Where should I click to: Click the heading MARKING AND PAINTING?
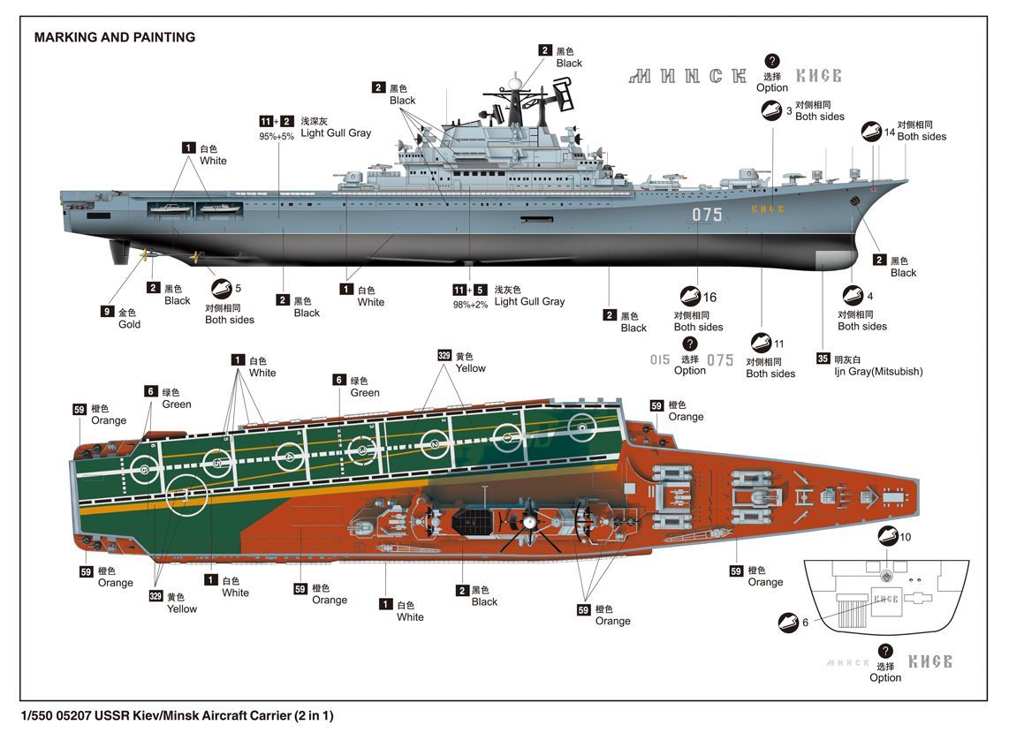pos(114,37)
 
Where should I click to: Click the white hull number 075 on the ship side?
pos(707,215)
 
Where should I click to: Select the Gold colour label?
pos(129,324)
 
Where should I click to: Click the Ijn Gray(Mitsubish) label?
pos(879,371)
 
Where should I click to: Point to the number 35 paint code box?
pos(823,359)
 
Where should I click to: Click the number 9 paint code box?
pos(107,312)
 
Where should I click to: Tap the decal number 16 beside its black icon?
pos(709,298)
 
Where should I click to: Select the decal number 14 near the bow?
pos(889,132)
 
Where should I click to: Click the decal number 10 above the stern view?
pos(905,537)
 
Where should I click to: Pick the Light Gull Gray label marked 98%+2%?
pos(528,301)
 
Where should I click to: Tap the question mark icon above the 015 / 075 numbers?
pos(690,344)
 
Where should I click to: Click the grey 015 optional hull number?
pos(660,360)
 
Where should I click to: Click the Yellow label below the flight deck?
pos(182,608)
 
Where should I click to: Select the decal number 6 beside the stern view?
pos(805,623)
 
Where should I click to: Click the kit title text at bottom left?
pos(178,715)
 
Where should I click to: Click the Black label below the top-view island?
pos(484,601)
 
